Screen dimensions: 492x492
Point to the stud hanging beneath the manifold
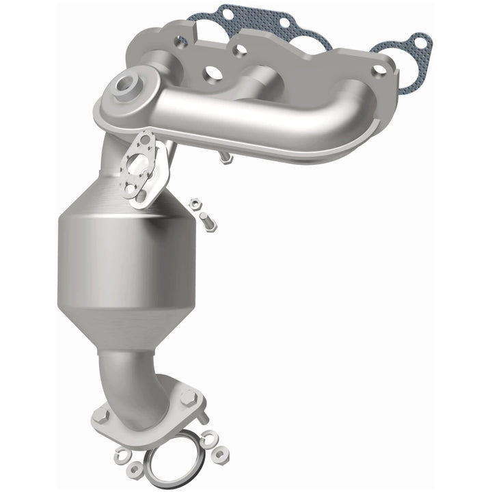point(225,159)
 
